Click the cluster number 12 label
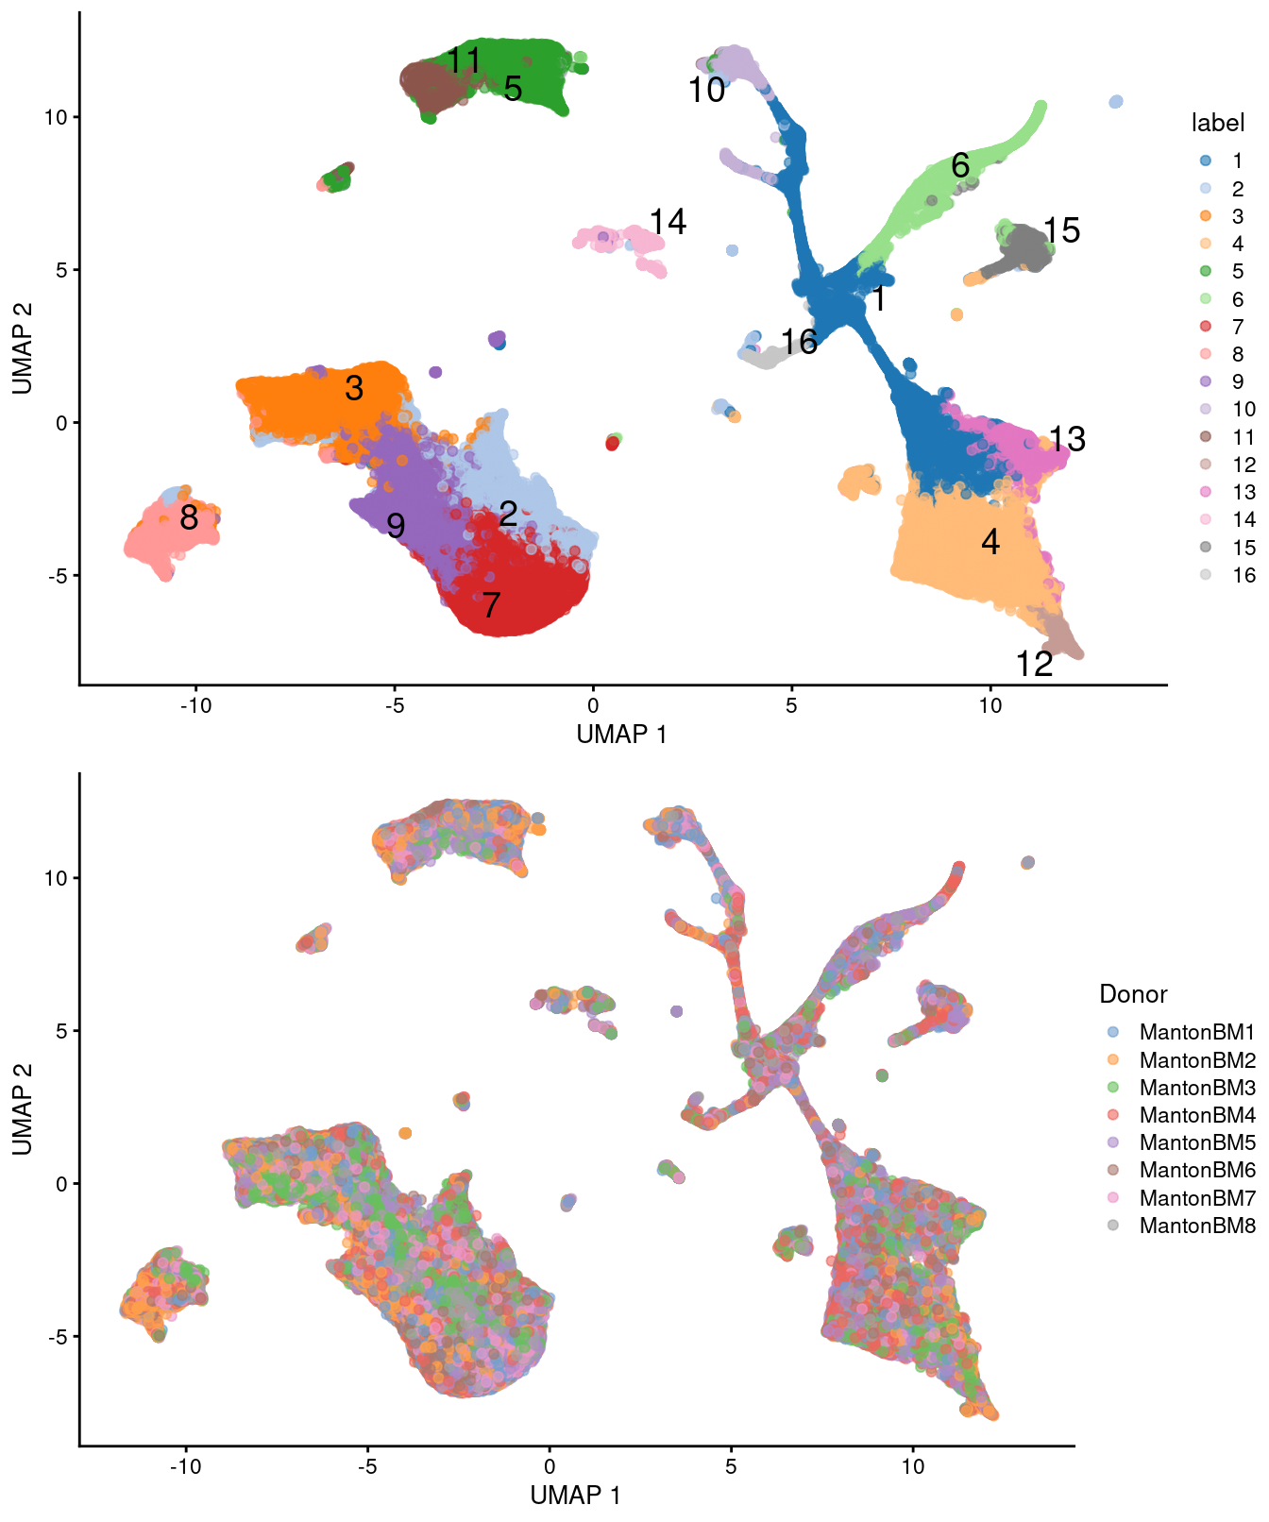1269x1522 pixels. pos(1034,665)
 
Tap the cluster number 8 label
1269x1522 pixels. pos(189,517)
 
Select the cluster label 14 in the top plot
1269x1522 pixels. pos(668,222)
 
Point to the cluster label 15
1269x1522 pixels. pos(1061,230)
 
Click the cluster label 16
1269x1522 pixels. pos(799,342)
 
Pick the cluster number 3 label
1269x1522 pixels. pos(354,388)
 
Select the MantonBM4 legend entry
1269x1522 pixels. pos(1196,1115)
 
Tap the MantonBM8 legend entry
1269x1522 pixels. pos(1196,1226)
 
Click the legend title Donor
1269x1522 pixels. pos(1133,994)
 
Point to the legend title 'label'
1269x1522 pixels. pos(1218,123)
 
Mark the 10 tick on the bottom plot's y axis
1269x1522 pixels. pos(57,878)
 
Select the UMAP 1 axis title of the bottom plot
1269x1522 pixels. pos(575,1495)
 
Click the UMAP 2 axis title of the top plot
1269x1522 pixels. pos(23,347)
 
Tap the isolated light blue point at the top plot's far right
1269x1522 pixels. pos(1116,102)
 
